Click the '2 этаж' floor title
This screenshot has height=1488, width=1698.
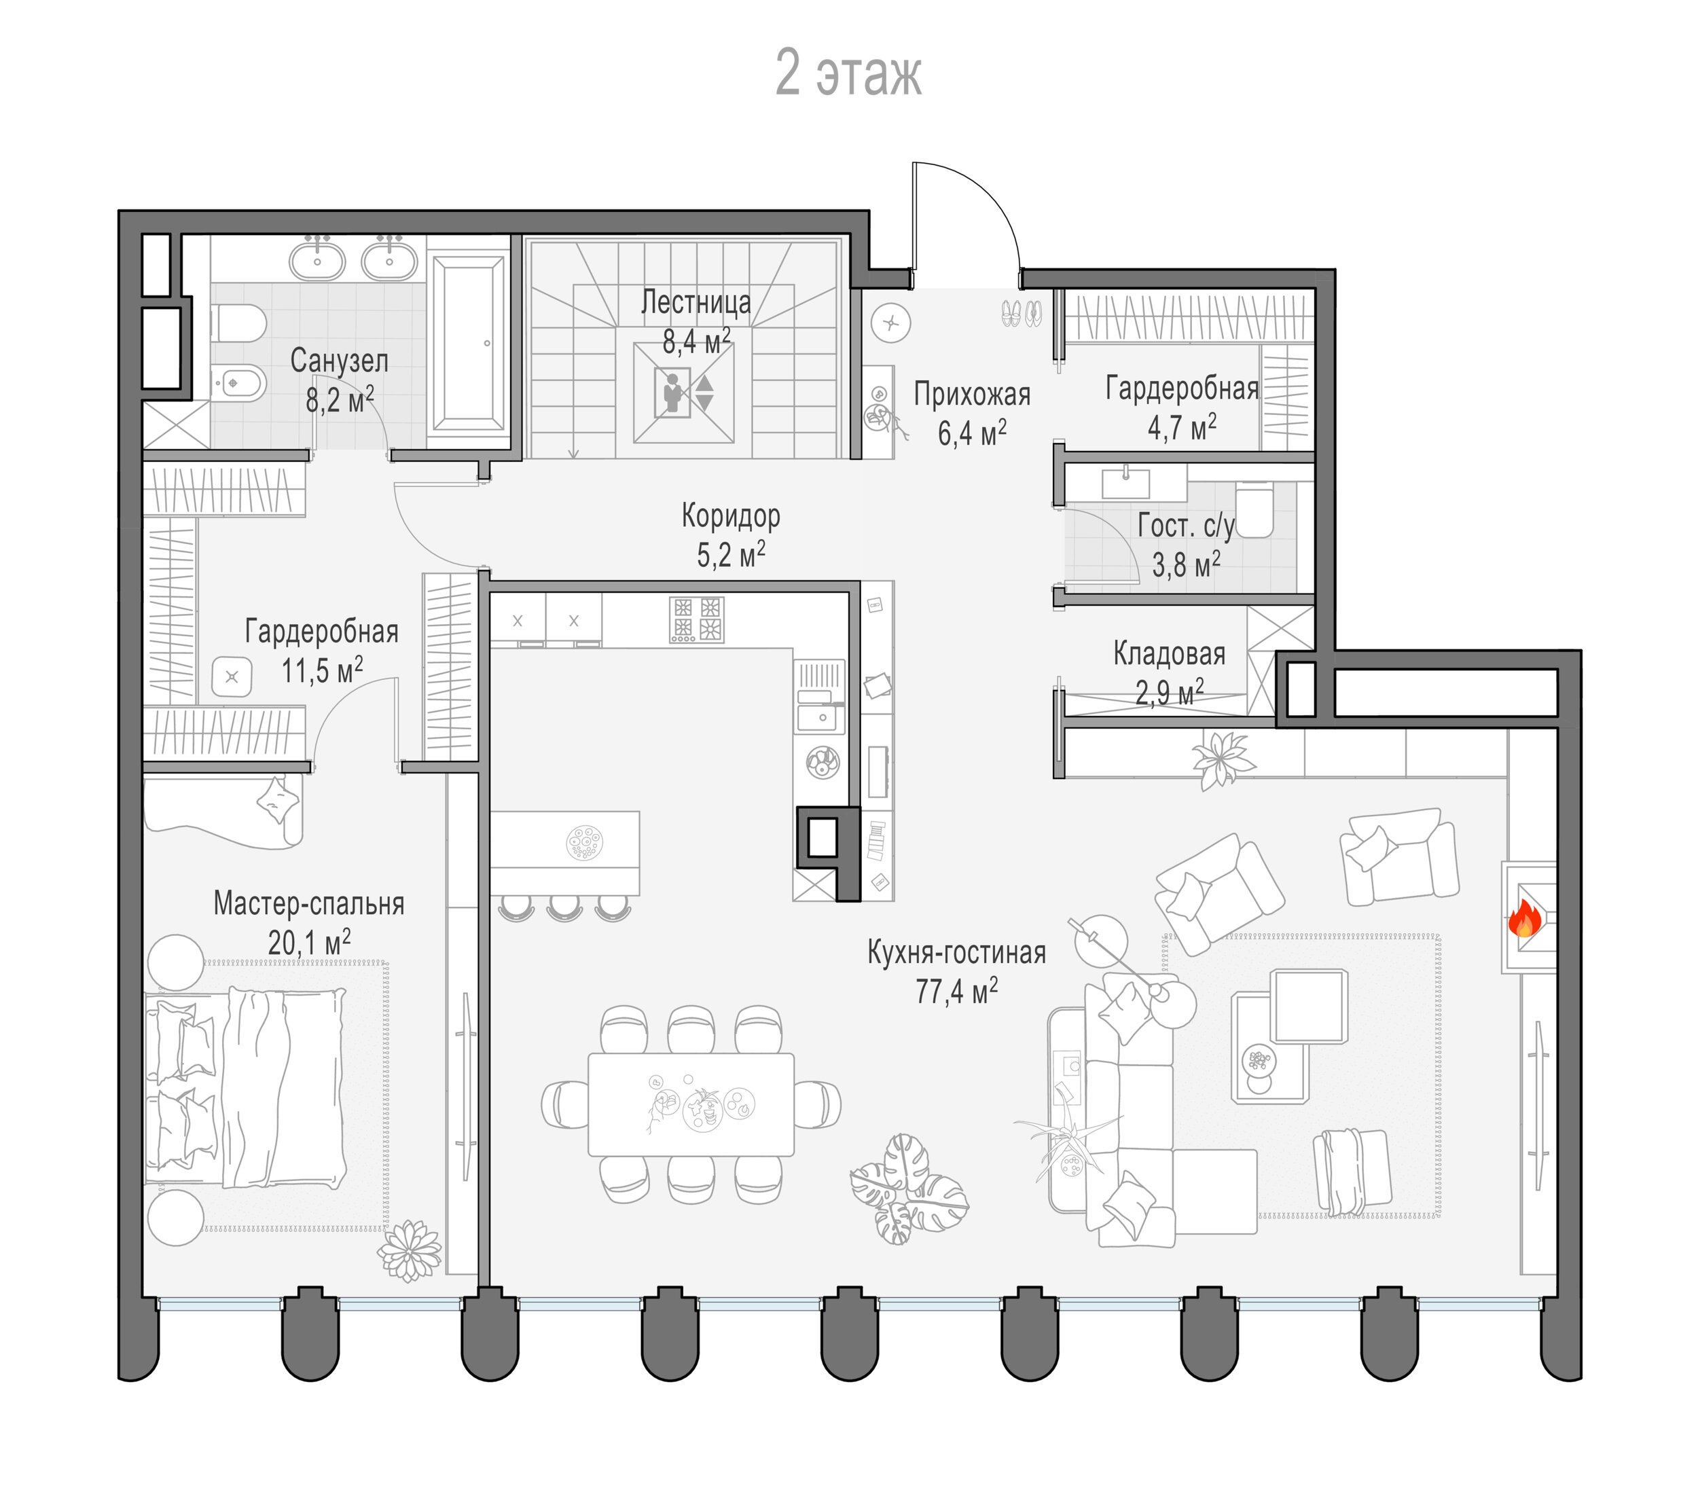(848, 74)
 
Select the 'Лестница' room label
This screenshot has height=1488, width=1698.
(696, 302)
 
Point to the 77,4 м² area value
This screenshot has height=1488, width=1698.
(956, 991)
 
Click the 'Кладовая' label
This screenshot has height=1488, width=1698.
(1169, 654)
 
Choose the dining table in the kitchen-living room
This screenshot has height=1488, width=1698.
(691, 1104)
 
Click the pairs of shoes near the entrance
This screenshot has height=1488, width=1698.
(1022, 312)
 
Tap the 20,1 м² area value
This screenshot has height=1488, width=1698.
(309, 943)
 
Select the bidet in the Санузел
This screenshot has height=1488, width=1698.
(239, 384)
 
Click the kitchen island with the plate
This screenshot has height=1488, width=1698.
(564, 852)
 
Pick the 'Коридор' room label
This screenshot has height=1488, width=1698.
(731, 515)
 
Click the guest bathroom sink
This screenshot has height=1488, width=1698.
(1126, 482)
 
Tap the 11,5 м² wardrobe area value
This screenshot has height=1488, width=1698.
(322, 670)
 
